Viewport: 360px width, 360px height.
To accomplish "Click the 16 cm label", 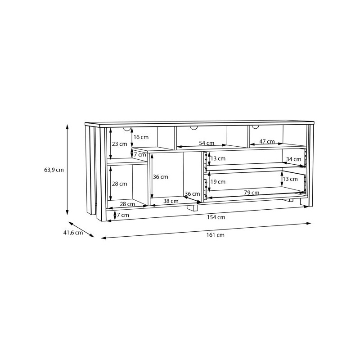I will click(x=141, y=137).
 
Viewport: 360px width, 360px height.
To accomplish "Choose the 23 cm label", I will click(x=120, y=144).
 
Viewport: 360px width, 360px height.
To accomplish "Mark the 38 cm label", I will click(x=171, y=201).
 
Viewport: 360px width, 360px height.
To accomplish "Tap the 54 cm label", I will click(x=207, y=143).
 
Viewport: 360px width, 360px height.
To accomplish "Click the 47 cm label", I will click(x=267, y=141).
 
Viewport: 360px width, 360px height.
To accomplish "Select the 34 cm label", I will click(x=294, y=159).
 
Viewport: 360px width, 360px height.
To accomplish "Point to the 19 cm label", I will click(x=218, y=182).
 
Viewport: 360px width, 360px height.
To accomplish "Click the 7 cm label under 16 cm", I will click(x=140, y=154).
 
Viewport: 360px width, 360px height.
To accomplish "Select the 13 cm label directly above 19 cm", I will click(x=218, y=158).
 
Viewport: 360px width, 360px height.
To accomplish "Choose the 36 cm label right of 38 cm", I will click(x=192, y=194).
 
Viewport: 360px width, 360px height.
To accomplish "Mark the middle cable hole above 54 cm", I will click(x=194, y=128).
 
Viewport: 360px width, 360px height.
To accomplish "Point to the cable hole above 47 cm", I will click(x=256, y=127).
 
